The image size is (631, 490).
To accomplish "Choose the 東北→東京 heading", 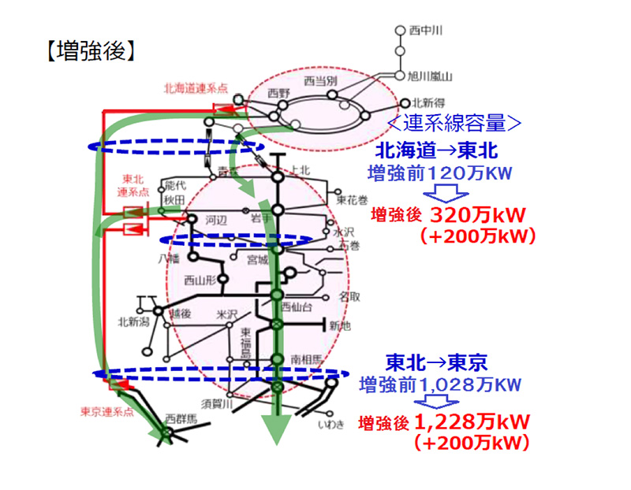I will tap(436, 362).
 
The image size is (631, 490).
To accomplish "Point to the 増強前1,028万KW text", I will tap(439, 384).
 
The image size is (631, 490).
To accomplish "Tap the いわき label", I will tap(328, 426).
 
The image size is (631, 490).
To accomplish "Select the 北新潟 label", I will tap(133, 321).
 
